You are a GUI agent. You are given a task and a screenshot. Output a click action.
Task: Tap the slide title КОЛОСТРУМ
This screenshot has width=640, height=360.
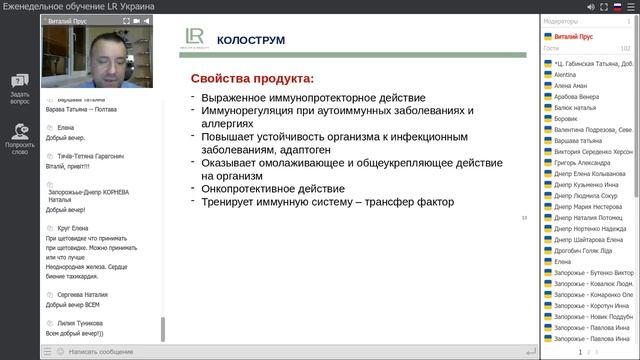pyautogui.click(x=251, y=40)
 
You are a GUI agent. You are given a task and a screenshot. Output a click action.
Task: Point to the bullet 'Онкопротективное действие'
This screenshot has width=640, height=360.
pyautogui.click(x=271, y=188)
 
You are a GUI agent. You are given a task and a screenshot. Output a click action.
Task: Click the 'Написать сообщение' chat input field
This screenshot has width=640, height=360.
pyautogui.click(x=100, y=351)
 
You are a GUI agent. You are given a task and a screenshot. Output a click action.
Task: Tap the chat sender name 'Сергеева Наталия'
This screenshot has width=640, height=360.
pyautogui.click(x=83, y=295)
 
